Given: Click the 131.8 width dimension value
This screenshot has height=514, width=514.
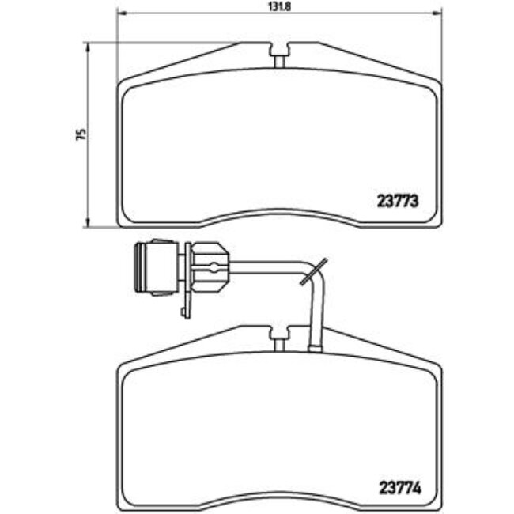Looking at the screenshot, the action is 280,6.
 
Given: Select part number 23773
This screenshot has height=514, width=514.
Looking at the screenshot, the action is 398,201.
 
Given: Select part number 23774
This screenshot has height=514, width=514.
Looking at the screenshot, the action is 400,488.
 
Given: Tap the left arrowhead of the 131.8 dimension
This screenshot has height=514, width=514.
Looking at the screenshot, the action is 122,13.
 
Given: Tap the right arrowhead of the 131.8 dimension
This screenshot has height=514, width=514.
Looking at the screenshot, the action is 437,13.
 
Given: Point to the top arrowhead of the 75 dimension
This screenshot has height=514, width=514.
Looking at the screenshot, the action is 87,47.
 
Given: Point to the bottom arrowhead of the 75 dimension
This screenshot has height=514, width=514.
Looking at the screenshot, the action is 87,222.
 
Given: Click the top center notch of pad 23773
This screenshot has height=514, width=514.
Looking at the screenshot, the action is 279,55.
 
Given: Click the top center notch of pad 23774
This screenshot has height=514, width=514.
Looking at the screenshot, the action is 279,338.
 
